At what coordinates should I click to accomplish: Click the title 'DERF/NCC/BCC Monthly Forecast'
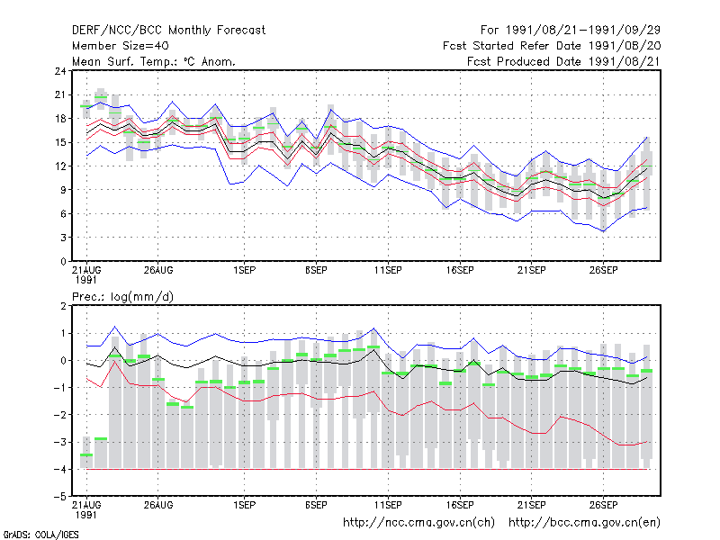point(168,31)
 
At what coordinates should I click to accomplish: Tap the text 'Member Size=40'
point(121,46)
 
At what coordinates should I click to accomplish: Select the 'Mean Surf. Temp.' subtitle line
point(154,61)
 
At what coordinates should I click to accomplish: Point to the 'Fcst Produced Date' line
point(563,61)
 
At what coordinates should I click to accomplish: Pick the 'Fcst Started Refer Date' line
point(552,46)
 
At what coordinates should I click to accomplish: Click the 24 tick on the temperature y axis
point(60,71)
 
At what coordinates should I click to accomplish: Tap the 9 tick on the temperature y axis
point(63,190)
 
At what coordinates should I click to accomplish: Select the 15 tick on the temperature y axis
point(60,142)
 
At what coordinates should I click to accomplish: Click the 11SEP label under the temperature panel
point(388,270)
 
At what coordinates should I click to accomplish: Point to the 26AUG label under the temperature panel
point(158,270)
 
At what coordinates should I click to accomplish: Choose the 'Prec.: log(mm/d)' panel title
point(122,297)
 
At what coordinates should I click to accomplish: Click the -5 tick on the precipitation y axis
point(60,497)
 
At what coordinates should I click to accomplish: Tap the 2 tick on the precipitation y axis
point(63,306)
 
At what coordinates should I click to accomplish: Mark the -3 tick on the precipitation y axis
point(60,442)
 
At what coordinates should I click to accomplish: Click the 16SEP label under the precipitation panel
point(460,505)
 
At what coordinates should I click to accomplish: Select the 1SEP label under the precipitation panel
point(244,505)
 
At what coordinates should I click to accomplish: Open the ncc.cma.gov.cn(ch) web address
point(418,523)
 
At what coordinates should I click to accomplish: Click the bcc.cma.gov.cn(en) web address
point(584,523)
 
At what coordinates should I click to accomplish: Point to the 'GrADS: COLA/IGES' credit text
point(40,535)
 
